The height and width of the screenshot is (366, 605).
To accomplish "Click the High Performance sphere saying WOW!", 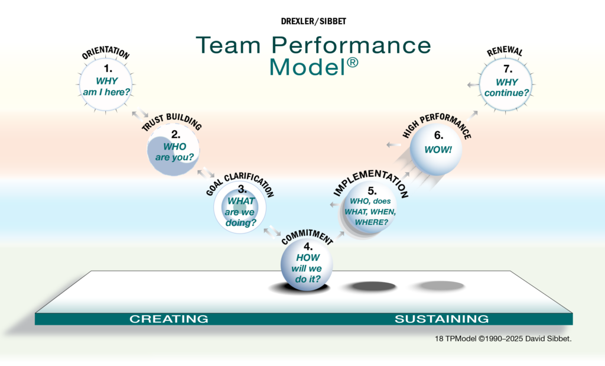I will point(437,149).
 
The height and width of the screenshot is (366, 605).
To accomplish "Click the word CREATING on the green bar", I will point(169,319).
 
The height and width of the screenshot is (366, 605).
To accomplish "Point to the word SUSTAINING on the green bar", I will point(441,319).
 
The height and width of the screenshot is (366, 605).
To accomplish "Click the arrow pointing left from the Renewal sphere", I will point(471,85).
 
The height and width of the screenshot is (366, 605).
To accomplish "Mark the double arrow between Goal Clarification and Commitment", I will point(272,229).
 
